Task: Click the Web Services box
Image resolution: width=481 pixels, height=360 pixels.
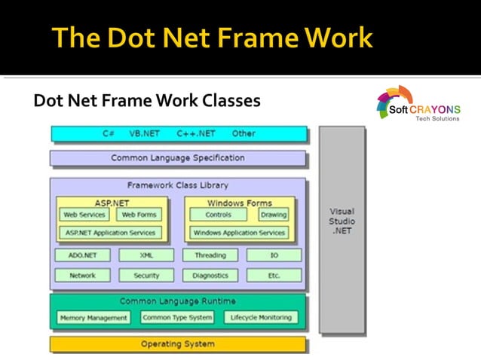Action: point(84,215)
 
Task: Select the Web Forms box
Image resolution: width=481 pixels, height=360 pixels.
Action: point(139,215)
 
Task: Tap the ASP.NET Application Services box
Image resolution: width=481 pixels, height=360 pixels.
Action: point(111,233)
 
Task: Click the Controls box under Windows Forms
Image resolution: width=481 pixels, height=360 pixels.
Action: point(219,215)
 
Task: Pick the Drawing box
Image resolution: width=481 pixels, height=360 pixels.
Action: point(273,215)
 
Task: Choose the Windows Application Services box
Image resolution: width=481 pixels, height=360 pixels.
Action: point(238,233)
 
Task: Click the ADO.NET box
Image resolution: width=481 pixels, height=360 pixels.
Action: point(82,255)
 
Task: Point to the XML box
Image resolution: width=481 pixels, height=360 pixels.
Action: point(146,255)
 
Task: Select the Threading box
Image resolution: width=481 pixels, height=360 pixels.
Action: point(210,255)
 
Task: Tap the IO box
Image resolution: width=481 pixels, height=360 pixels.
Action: point(274,255)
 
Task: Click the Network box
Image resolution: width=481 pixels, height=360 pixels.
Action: point(82,276)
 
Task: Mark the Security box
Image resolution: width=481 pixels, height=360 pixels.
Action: point(146,276)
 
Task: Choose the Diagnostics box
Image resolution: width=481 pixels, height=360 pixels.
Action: point(210,276)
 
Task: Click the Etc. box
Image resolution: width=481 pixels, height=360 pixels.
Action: point(274,276)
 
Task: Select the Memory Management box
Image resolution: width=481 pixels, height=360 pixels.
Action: point(93,318)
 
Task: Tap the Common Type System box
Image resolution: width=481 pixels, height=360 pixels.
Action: point(177,318)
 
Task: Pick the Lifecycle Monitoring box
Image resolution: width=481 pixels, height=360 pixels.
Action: point(261,318)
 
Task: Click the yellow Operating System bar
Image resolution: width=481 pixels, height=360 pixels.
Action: point(178,344)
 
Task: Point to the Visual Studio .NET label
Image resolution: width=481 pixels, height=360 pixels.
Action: point(342,221)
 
